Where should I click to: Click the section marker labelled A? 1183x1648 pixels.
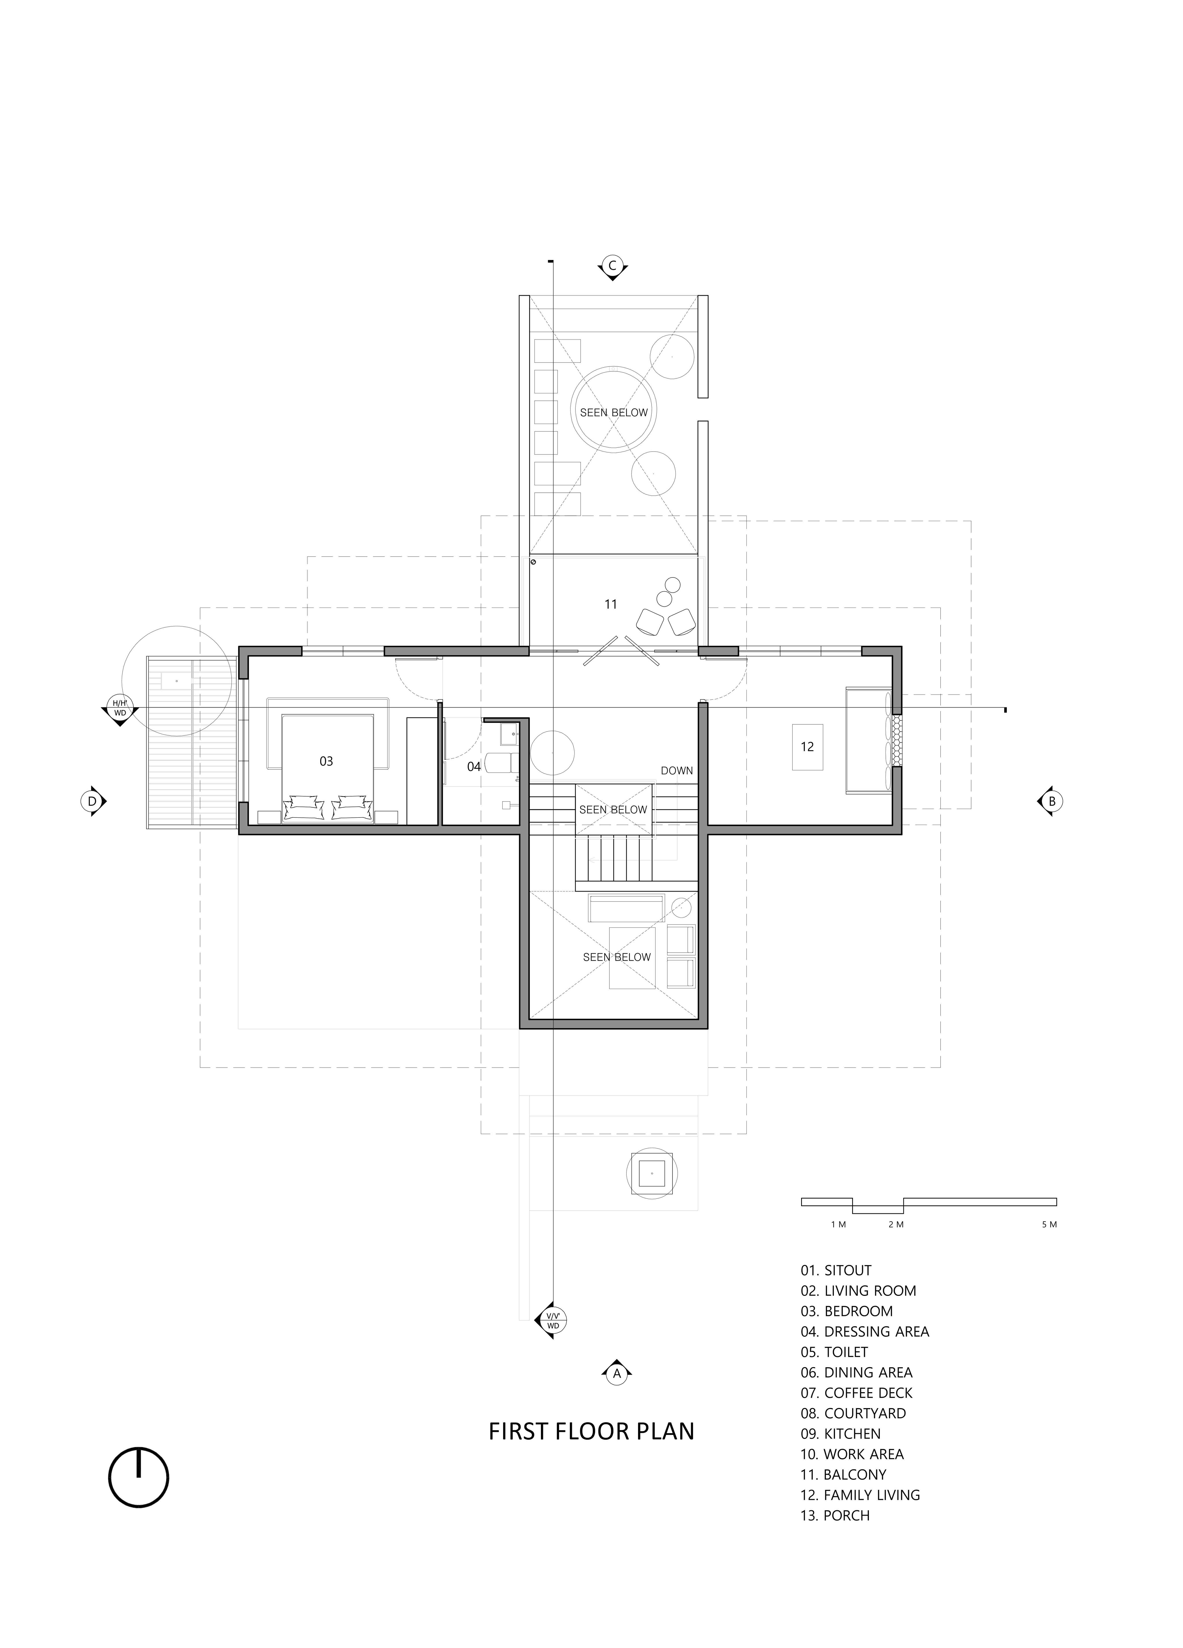point(616,1372)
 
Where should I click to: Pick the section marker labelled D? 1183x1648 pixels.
point(93,802)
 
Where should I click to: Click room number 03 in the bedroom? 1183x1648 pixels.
point(326,762)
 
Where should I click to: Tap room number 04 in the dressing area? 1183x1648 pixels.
point(474,767)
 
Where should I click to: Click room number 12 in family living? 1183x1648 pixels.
point(807,747)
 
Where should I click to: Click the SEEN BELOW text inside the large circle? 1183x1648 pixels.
point(614,413)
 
